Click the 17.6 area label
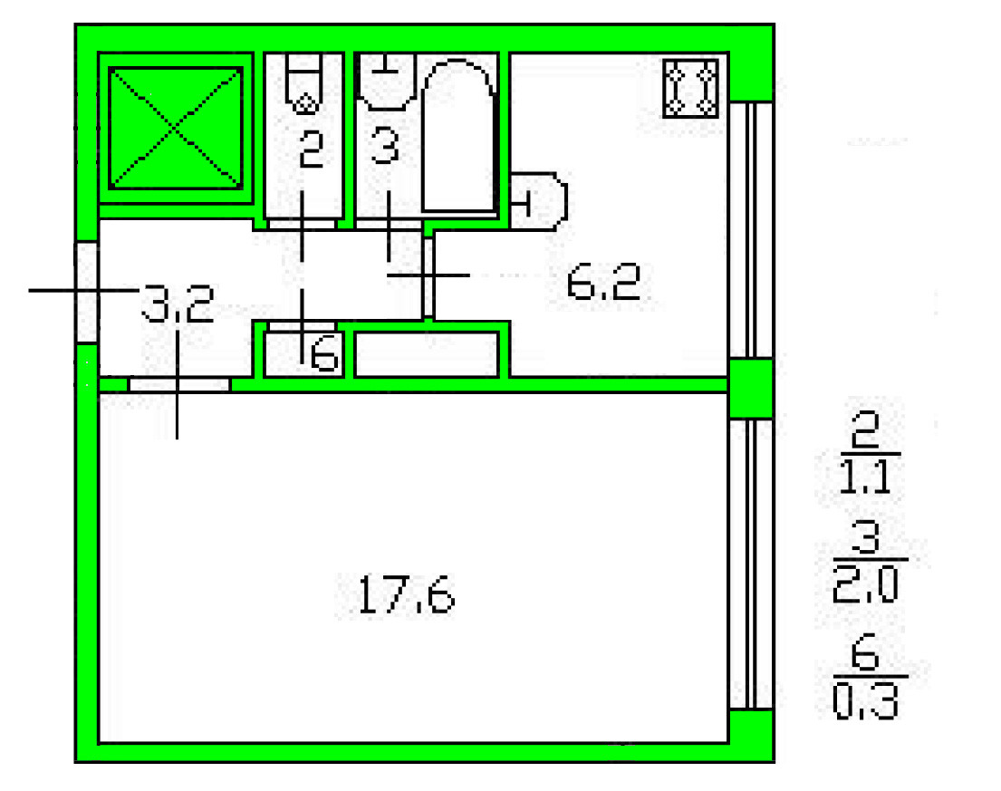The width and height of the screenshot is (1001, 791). pyautogui.click(x=406, y=595)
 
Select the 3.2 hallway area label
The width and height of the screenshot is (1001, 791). pyautogui.click(x=177, y=304)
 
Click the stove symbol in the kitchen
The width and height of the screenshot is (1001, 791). pyautogui.click(x=691, y=88)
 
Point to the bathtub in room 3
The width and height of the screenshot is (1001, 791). pyautogui.click(x=458, y=135)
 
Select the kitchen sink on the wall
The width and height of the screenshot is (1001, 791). pyautogui.click(x=538, y=201)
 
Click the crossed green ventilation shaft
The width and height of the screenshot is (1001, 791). pyautogui.click(x=176, y=129)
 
